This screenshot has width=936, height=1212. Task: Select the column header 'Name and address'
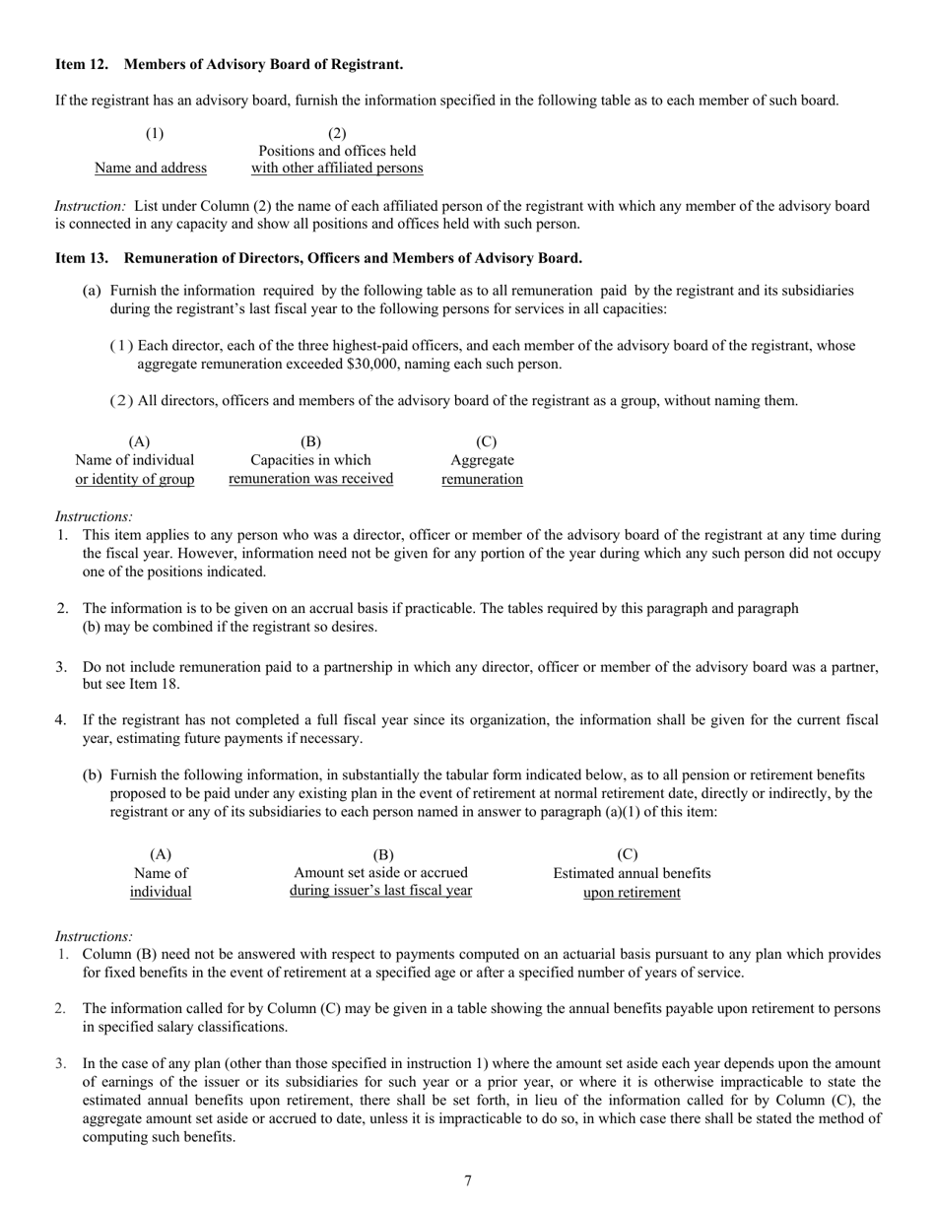[151, 168]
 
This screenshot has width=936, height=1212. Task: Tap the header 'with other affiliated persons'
[337, 168]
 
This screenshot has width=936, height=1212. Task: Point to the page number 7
[468, 1180]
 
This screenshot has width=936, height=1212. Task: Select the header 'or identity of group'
[135, 479]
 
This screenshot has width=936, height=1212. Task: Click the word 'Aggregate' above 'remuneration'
[482, 460]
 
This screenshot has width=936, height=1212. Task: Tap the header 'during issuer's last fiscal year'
[380, 891]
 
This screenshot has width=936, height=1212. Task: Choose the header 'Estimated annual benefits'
[632, 873]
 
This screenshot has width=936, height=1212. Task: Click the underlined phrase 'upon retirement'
[632, 893]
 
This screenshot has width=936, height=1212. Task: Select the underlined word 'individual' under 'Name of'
[161, 892]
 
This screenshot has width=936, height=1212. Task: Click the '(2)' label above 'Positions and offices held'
[337, 133]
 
